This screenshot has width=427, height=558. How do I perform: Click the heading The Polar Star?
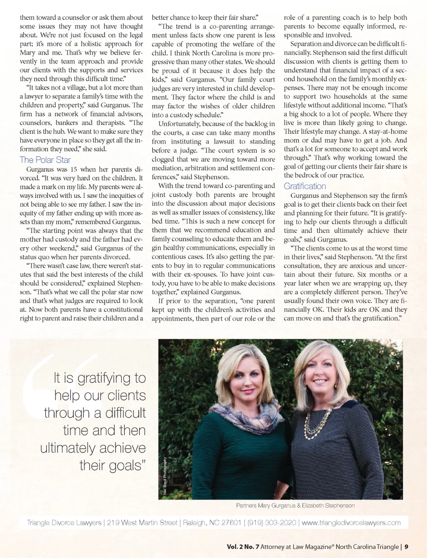[45, 160]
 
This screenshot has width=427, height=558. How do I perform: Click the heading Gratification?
[305, 186]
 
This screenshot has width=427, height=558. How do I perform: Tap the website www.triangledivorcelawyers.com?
[351, 523]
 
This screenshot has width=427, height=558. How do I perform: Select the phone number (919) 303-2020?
[271, 523]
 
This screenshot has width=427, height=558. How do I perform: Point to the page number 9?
[406, 547]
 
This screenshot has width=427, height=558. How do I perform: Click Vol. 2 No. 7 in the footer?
[243, 547]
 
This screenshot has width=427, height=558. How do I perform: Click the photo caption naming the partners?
[295, 505]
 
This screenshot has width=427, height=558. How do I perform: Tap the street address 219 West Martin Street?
[142, 523]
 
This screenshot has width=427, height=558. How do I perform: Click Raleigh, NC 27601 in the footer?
[212, 523]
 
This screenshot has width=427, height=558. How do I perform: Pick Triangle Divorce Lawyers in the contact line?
[64, 523]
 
